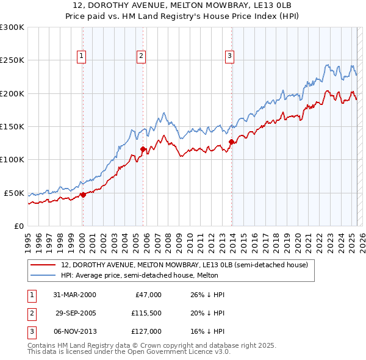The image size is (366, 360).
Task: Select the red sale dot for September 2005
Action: [x=143, y=149]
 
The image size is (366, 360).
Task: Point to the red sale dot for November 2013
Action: [x=231, y=142]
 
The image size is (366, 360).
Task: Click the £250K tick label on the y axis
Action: [x=12, y=60]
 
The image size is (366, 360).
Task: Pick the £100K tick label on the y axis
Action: [x=12, y=159]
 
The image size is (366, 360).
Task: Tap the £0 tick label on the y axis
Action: [x=18, y=226]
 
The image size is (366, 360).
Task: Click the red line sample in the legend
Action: [x=44, y=265]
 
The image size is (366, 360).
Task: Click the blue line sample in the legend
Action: [x=44, y=275]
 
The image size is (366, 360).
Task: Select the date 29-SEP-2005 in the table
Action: [x=76, y=313]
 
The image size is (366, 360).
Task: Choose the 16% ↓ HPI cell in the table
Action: [x=209, y=331]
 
